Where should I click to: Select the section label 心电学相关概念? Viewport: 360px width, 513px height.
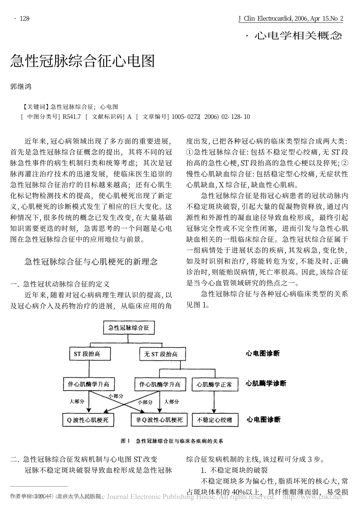point(297,36)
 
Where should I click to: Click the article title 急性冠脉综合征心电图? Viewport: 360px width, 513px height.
point(82,61)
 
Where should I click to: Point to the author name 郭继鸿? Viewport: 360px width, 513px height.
point(21,86)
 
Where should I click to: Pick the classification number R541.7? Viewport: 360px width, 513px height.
point(72,117)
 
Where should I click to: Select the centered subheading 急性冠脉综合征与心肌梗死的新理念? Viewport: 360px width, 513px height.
point(91,262)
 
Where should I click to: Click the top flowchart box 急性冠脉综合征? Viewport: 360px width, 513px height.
point(129,327)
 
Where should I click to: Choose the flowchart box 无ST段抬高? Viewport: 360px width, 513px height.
point(158,354)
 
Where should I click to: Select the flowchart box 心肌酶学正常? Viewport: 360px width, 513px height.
point(214,385)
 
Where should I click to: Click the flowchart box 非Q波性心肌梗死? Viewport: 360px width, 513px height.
point(159,420)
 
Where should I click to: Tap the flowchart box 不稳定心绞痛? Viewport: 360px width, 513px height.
point(214,420)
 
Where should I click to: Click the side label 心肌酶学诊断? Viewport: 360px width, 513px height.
point(266,384)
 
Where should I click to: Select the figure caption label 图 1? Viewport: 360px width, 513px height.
point(125,441)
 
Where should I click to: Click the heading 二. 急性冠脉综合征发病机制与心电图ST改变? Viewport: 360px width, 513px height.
point(84,460)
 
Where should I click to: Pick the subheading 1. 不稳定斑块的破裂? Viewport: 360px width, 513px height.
point(234,471)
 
